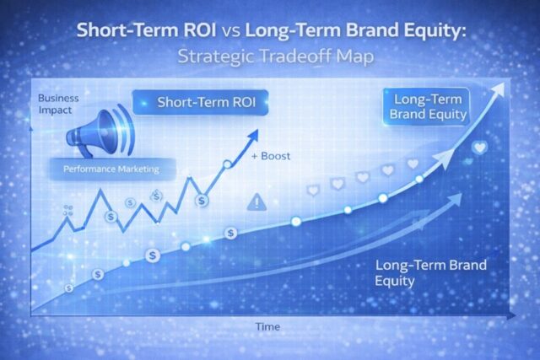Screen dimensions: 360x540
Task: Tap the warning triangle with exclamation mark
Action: (255, 201)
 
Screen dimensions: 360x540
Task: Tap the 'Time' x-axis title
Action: (269, 325)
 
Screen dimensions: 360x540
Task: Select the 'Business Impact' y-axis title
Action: (58, 104)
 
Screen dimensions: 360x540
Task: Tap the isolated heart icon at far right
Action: (480, 148)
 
